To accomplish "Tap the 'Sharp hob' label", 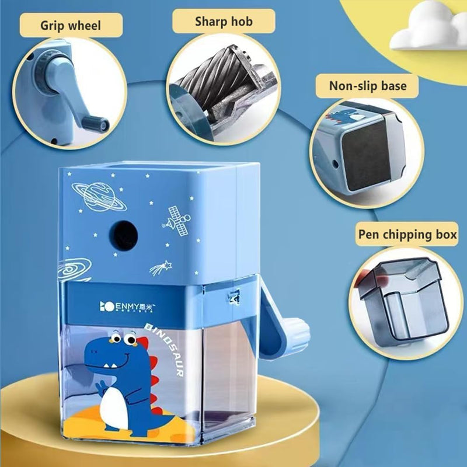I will (224, 21).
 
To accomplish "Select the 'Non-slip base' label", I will (368, 86).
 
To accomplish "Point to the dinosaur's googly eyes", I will (119, 338).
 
